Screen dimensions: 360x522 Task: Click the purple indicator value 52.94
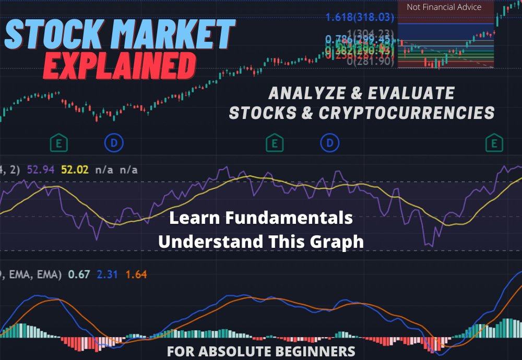tap(44, 170)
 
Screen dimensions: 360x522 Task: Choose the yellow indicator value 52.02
tap(75, 170)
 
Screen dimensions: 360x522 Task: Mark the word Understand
tap(204, 242)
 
